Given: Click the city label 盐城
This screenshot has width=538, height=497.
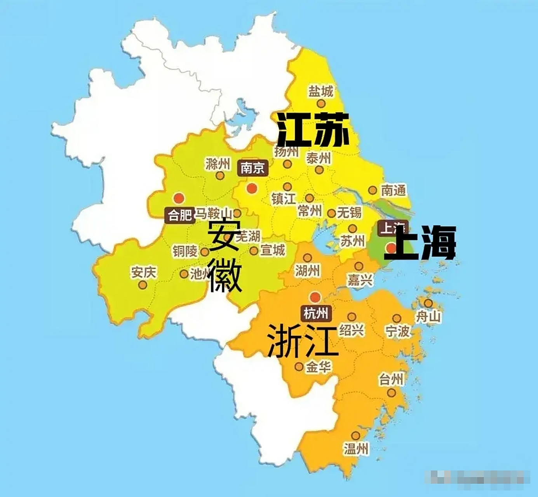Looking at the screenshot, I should click(321, 92).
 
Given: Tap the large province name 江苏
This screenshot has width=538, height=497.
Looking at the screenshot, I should click(313, 130).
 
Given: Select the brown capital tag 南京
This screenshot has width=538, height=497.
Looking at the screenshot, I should click(252, 168).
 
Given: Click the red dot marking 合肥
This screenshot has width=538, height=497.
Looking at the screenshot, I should click(179, 198).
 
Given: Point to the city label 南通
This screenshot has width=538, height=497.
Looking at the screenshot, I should click(393, 190).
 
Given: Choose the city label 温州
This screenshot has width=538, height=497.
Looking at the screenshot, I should click(356, 449).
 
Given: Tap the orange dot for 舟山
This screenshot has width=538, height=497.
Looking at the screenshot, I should click(428, 303).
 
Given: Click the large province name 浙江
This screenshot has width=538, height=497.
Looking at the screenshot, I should click(303, 341).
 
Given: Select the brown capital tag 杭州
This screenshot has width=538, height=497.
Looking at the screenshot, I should click(315, 313).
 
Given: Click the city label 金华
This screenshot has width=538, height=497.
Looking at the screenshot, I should click(318, 367).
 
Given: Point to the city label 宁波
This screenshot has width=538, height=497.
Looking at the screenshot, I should click(397, 331).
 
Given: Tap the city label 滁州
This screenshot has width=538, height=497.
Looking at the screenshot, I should click(218, 164).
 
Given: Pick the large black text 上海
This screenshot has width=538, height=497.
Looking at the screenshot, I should click(420, 244).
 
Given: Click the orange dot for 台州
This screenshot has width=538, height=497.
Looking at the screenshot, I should click(392, 393).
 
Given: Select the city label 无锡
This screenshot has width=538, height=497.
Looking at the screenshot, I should click(349, 212).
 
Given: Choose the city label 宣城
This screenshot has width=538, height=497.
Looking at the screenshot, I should click(273, 250).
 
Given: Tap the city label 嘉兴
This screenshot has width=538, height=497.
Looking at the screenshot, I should click(360, 280).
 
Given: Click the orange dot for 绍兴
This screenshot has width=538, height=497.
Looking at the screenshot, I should click(352, 317).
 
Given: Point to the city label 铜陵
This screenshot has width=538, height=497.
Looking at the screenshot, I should click(185, 252).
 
